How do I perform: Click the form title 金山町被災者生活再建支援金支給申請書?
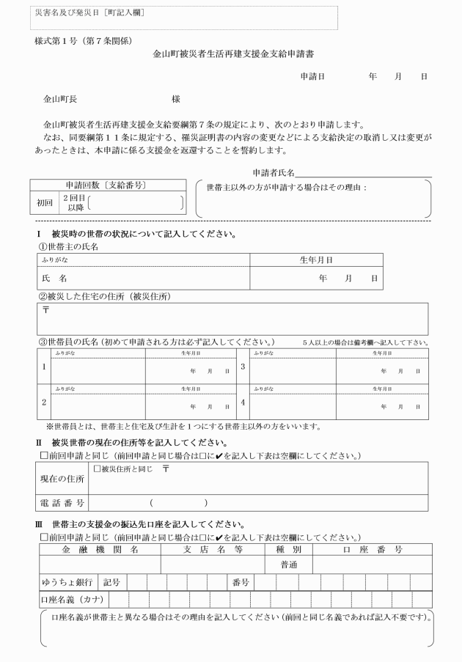[232, 54]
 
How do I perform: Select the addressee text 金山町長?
[61, 98]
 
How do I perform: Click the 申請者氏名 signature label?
[273, 172]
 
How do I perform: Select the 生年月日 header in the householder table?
[316, 260]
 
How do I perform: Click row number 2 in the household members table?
[44, 402]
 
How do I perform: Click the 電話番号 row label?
[62, 502]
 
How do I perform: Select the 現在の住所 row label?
[62, 479]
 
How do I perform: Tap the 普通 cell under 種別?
[288, 565]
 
